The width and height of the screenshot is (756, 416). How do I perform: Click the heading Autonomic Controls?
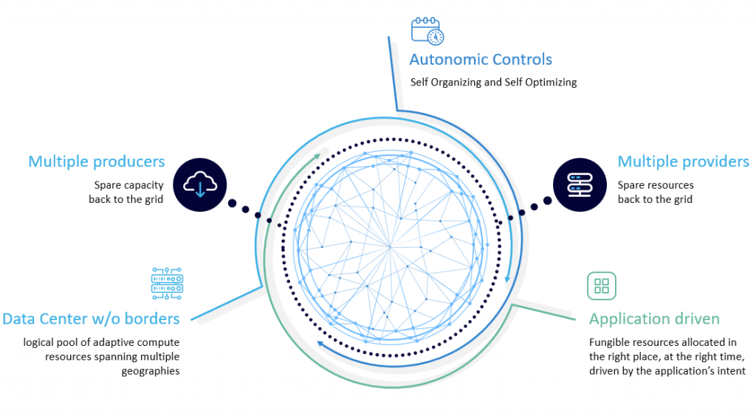coord(481,60)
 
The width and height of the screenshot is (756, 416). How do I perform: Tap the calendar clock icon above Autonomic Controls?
coord(427,30)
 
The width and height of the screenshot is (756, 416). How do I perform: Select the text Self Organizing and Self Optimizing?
coord(493,82)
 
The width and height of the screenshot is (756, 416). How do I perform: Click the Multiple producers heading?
coord(96,161)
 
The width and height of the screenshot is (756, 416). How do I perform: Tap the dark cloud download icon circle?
coord(200,184)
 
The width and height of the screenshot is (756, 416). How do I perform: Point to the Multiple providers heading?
coord(683,162)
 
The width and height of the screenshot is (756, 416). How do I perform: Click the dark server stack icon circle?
coord(579,185)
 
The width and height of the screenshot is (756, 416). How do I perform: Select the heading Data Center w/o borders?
coord(91,319)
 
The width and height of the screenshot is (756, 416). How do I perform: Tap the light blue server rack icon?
coord(167,284)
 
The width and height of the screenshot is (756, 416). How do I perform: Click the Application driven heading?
coord(654,319)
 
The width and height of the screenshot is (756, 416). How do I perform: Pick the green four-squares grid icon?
coord(601,285)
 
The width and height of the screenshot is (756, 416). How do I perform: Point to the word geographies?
coord(151,371)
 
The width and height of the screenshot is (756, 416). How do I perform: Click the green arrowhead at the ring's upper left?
coord(317,156)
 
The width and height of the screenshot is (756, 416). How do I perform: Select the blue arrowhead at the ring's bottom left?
coord(320,343)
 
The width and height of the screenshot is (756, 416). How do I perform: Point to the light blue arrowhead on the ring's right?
coord(508,280)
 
